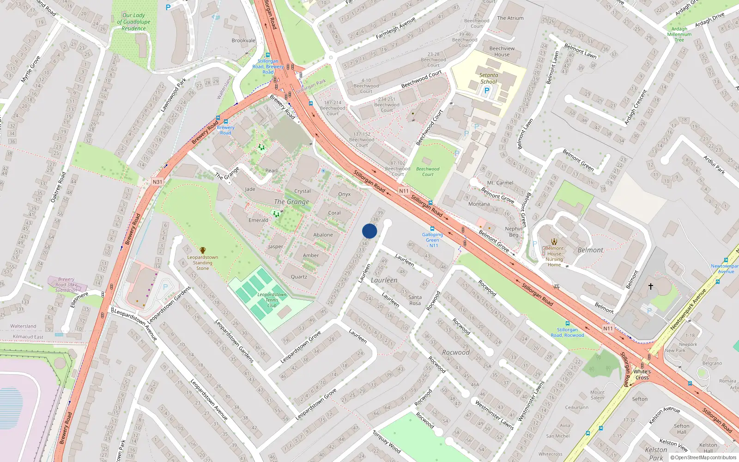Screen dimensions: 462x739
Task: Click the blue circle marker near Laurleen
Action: point(369,231)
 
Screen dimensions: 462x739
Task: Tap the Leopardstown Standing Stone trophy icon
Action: point(202,250)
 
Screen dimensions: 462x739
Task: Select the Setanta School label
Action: point(488,78)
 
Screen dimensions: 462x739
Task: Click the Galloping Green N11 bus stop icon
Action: point(432,229)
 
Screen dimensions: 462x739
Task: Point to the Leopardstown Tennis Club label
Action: point(272,300)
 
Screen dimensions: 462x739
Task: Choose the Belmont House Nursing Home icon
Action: point(554,241)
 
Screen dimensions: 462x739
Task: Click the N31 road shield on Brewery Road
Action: point(157,182)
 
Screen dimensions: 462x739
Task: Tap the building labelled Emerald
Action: point(258,220)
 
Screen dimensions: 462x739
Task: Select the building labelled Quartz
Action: point(299,277)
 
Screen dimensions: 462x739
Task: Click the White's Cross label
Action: point(642,374)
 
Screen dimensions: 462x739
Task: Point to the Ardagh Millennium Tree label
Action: point(679,34)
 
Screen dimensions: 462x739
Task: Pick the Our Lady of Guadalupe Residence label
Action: point(133,22)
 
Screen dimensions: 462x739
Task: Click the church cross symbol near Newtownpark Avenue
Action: point(651,286)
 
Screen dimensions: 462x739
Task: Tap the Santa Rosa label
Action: point(415,300)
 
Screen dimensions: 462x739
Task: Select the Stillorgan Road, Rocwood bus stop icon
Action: point(567,323)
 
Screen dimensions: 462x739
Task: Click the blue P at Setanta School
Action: point(486,91)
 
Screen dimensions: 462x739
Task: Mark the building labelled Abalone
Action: point(323,235)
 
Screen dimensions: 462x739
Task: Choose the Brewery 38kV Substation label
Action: point(67,285)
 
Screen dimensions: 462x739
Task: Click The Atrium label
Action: point(510,18)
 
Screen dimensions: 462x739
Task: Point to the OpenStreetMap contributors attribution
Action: point(703,457)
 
